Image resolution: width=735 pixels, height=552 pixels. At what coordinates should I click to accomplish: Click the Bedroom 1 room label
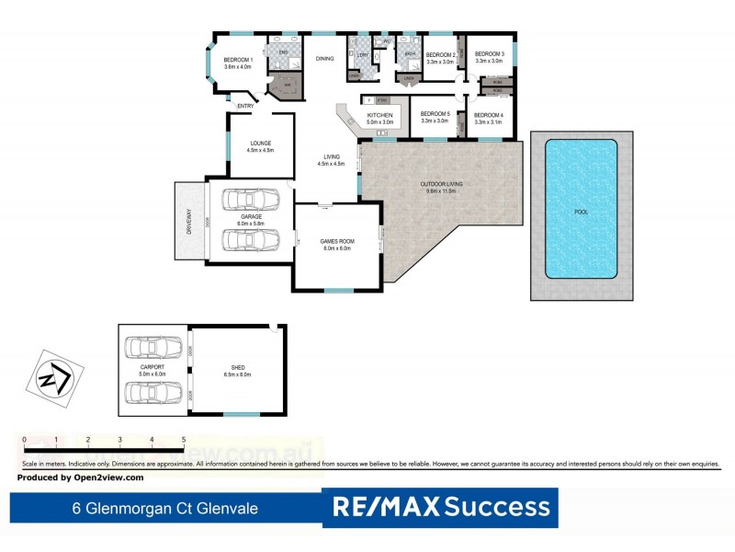click(x=238, y=61)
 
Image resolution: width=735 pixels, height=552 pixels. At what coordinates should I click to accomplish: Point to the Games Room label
click(x=336, y=243)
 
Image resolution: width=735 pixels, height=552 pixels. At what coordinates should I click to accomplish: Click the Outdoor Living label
click(x=442, y=185)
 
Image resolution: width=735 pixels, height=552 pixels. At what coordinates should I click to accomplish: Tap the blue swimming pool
click(x=581, y=209)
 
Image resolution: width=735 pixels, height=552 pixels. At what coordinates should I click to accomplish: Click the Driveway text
click(x=189, y=221)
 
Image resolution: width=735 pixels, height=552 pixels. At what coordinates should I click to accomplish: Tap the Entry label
click(x=245, y=107)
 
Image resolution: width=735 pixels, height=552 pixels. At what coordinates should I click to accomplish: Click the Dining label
click(x=324, y=59)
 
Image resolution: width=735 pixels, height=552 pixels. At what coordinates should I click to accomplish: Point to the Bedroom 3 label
click(x=489, y=54)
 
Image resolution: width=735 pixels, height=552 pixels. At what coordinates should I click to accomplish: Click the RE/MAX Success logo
click(x=441, y=507)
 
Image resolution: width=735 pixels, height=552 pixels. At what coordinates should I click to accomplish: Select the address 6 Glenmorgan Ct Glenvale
click(x=165, y=508)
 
